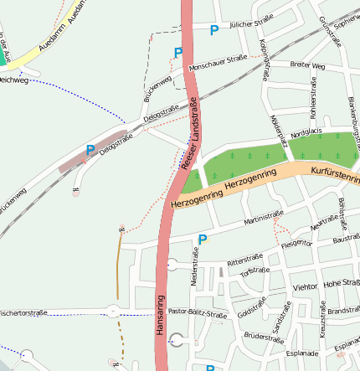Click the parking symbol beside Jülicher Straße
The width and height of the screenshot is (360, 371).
[x=214, y=30]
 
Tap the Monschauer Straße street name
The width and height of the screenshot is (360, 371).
[x=218, y=61]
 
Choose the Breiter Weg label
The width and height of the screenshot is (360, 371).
[x=306, y=64]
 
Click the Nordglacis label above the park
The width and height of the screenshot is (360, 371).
[x=306, y=131]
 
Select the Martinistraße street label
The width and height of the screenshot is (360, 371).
[x=264, y=219]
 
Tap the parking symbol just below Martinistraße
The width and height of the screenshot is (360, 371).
[x=202, y=240]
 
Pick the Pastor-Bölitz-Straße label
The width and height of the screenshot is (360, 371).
[x=198, y=314]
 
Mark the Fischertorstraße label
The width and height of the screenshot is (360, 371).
[x=23, y=312]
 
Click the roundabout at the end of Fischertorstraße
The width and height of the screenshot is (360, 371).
[x=112, y=312]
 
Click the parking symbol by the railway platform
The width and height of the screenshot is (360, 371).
[x=90, y=151]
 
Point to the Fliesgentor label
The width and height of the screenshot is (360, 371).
[x=297, y=244]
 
